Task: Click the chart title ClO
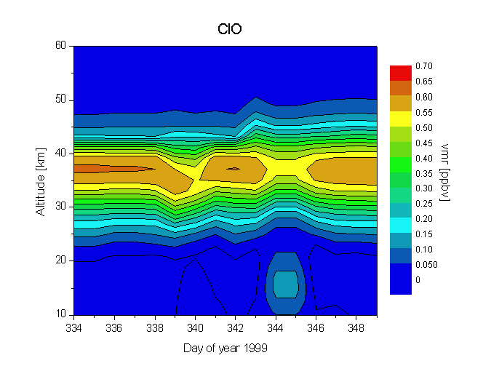tap(230, 30)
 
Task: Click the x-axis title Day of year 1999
tap(225, 349)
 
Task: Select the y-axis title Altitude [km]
tap(41, 180)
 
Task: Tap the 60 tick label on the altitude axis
tap(60, 46)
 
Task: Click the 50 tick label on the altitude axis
tap(60, 100)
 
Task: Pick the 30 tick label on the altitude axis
tap(60, 207)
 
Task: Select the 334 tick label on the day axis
tap(73, 327)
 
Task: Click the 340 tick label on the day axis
tap(195, 327)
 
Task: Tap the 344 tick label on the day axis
tap(276, 327)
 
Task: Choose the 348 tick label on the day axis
tap(356, 327)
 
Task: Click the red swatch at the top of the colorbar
tap(401, 73)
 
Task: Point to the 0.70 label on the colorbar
tap(424, 66)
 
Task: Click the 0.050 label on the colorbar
tap(426, 265)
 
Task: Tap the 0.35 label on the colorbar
tap(424, 173)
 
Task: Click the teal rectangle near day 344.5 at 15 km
tap(286, 284)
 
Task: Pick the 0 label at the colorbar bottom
tap(418, 280)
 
